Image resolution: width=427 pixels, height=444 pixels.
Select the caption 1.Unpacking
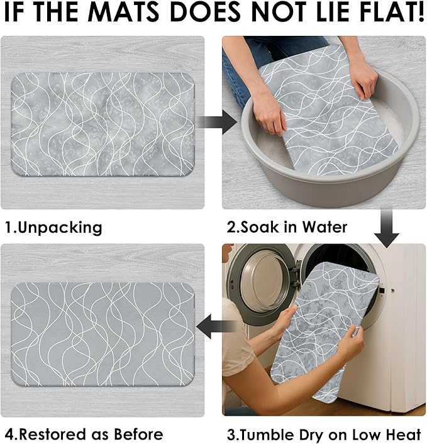click(x=53, y=228)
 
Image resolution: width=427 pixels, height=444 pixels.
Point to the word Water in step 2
click(x=324, y=227)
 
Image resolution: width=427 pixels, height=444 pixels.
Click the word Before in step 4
click(x=138, y=435)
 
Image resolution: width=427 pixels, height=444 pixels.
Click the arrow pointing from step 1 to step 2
click(x=216, y=123)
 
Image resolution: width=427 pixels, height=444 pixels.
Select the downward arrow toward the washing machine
click(x=387, y=228)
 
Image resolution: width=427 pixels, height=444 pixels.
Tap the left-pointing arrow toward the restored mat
click(x=216, y=326)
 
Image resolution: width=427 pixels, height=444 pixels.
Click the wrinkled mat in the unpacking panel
click(x=103, y=124)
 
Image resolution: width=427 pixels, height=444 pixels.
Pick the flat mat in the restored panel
click(x=103, y=334)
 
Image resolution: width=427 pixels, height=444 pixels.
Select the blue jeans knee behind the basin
click(x=235, y=82)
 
